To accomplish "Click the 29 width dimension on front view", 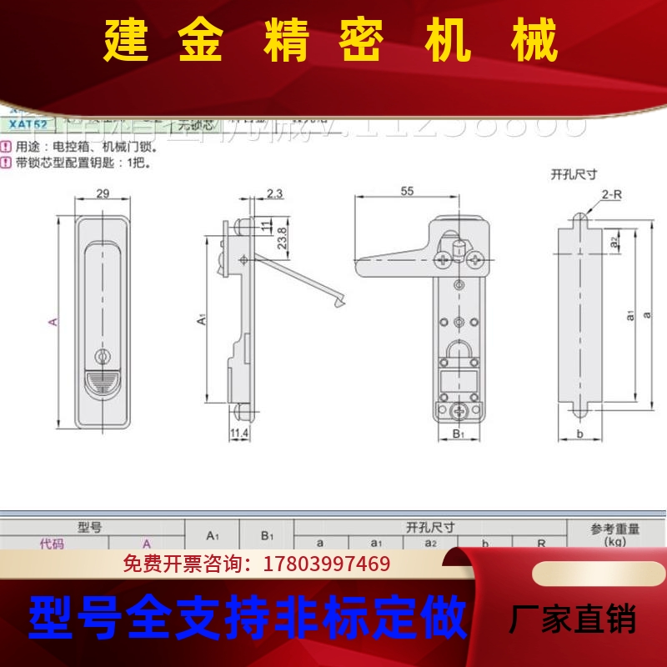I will pyautogui.click(x=103, y=193).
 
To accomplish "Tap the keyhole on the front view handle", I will pyautogui.click(x=103, y=356).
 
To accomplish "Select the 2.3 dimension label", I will pyautogui.click(x=274, y=193).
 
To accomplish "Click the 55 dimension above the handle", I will pyautogui.click(x=407, y=191).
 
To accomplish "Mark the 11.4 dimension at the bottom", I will pyautogui.click(x=238, y=433).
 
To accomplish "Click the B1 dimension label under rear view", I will pyautogui.click(x=458, y=434).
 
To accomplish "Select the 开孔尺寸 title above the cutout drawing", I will pyautogui.click(x=574, y=174).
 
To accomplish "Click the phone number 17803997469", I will pyautogui.click(x=326, y=564).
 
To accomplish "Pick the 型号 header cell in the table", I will pyautogui.click(x=89, y=527).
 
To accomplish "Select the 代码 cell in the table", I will pyautogui.click(x=52, y=544).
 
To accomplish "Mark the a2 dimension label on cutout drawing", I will pyautogui.click(x=614, y=242).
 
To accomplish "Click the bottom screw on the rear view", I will pyautogui.click(x=458, y=411).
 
